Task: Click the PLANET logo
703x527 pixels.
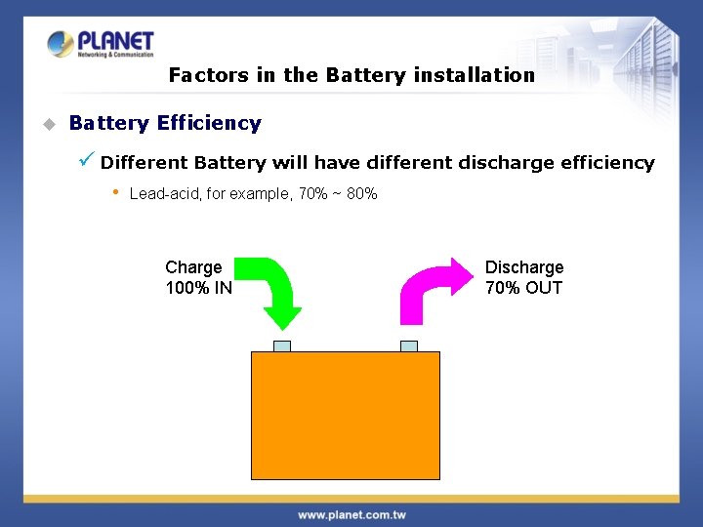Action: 101,44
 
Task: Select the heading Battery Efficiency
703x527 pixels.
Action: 165,124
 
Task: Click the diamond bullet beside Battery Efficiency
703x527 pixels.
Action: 48,125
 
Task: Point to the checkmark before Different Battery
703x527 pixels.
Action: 87,159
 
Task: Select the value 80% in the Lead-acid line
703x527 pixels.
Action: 361,194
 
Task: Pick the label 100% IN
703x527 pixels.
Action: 199,288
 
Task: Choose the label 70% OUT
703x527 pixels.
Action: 523,288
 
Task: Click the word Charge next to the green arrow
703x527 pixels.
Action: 193,267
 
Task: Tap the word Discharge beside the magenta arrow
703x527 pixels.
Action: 524,267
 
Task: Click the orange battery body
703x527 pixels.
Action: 346,415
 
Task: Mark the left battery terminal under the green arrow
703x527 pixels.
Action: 282,345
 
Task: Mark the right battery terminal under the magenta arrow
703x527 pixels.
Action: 409,345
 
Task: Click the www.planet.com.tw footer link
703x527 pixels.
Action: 351,514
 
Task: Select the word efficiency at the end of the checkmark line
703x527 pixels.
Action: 607,163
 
